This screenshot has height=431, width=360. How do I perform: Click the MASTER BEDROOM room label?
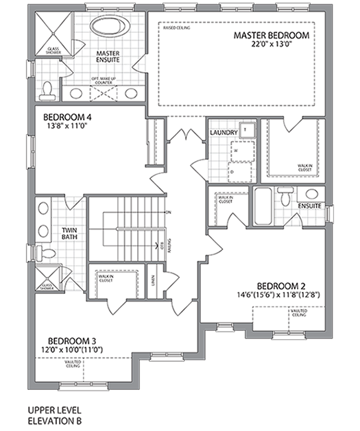click(x=271, y=35)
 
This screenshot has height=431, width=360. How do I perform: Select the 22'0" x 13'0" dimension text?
click(x=271, y=45)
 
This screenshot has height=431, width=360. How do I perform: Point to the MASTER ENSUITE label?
click(x=108, y=58)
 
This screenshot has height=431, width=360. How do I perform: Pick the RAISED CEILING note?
click(x=177, y=29)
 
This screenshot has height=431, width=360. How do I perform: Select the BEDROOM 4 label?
click(x=68, y=116)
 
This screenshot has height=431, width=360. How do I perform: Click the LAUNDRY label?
click(x=224, y=133)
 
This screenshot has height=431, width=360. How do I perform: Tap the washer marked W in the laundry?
click(x=236, y=149)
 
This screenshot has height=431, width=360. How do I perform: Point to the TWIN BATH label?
click(x=69, y=234)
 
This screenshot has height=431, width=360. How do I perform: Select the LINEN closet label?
click(x=155, y=280)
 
